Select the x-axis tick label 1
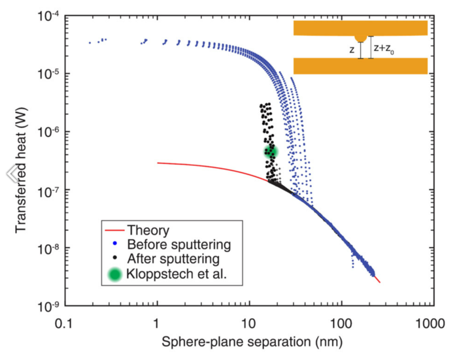coord(157,323)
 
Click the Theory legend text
coord(148,230)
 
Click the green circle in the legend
coord(115,275)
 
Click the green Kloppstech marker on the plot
coord(271,151)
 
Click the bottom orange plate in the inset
coord(360,66)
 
